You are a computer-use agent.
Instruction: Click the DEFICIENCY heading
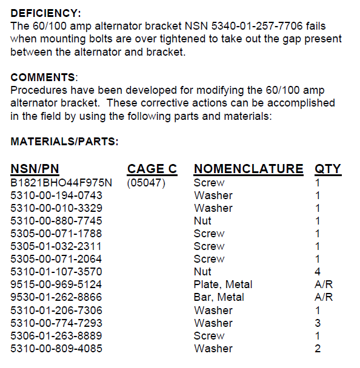point(45,13)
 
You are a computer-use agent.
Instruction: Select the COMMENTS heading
point(44,77)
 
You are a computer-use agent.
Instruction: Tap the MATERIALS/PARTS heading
point(64,142)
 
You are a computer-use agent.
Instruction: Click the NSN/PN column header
point(35,169)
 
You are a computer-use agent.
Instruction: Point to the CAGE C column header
point(152,169)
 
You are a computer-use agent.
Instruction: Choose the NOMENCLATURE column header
point(248,169)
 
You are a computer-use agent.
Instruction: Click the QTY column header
point(328,169)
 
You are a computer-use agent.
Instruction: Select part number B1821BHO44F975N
point(61,182)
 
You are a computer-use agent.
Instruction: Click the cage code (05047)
point(145,182)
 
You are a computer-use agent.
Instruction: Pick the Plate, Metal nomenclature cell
point(223,284)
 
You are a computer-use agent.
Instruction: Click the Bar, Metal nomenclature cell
point(219,297)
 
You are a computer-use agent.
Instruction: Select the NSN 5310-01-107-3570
point(56,272)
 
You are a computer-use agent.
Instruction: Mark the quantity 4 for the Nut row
point(318,272)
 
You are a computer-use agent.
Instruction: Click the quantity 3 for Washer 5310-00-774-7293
point(318,323)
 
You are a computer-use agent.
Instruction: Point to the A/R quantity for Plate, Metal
point(324,284)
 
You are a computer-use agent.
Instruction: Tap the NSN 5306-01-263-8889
point(56,335)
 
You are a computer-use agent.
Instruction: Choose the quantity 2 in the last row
point(318,349)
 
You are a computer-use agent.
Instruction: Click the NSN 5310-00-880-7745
point(56,221)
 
